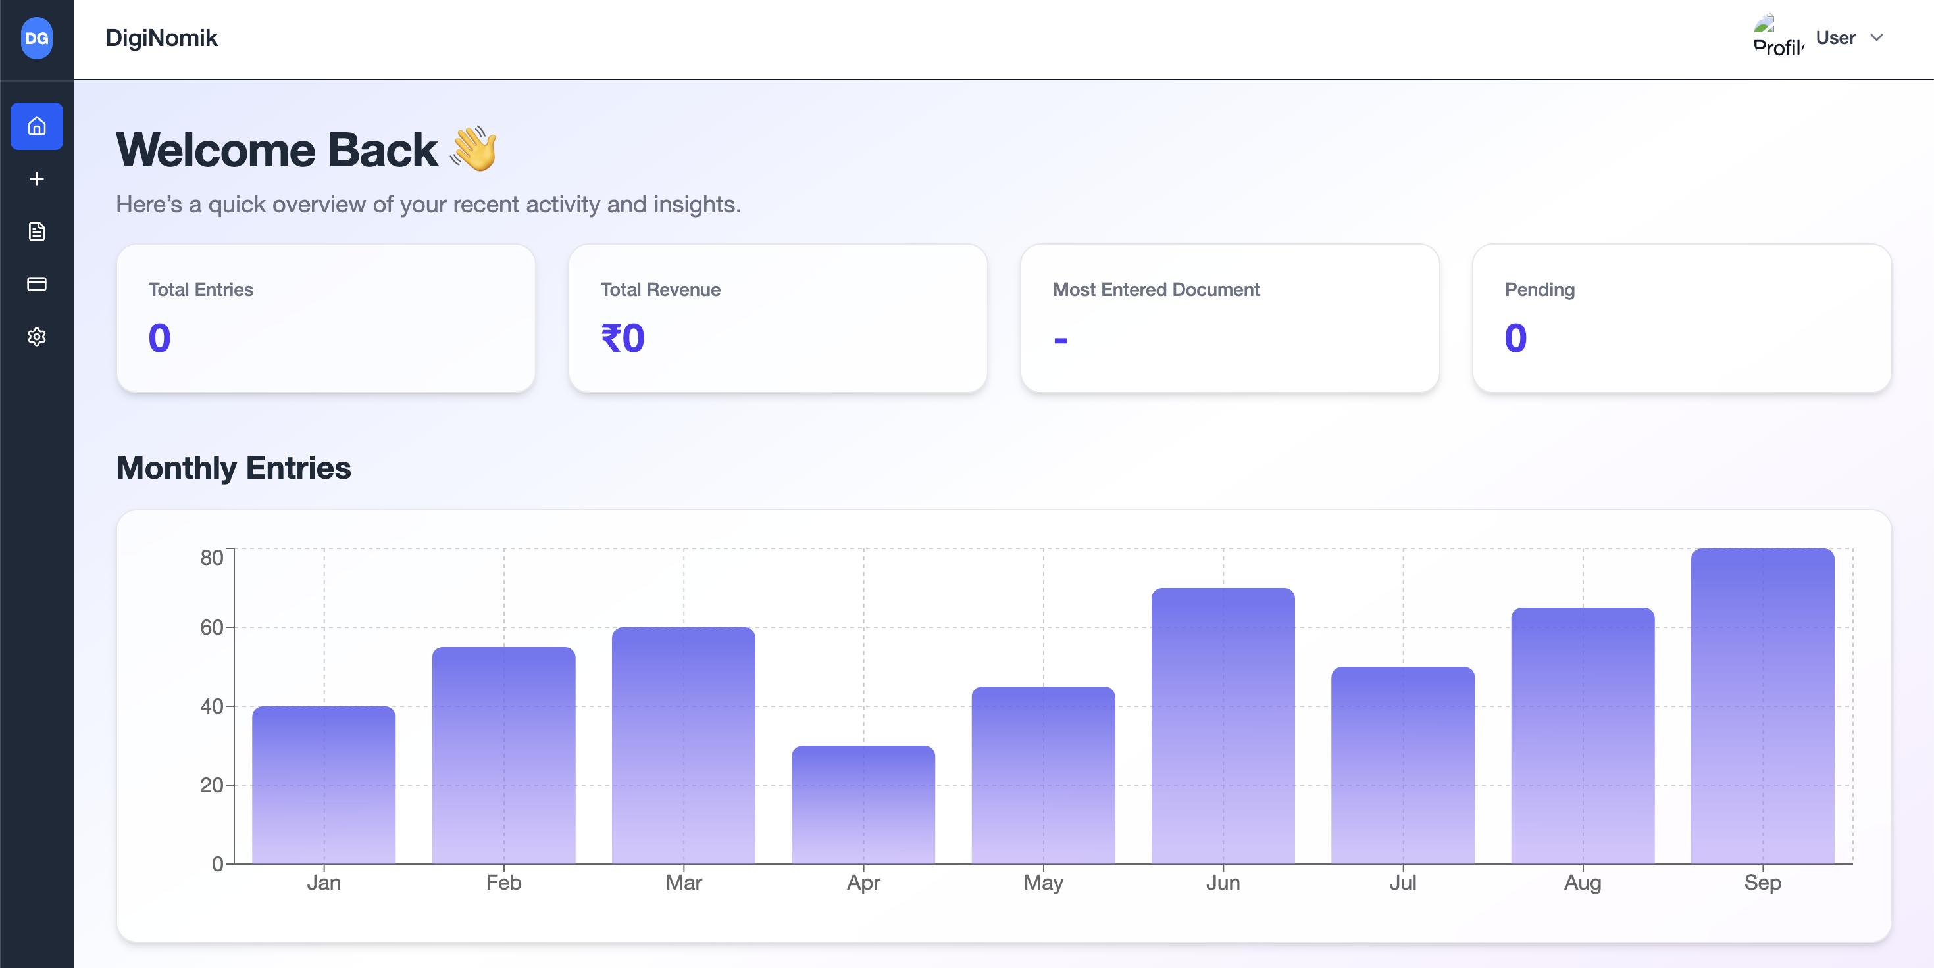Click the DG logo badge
(36, 38)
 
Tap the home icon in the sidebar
(36, 126)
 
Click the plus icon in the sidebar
(36, 179)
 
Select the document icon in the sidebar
(36, 231)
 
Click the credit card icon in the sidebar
(36, 283)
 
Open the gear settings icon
(36, 336)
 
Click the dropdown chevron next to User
(1876, 37)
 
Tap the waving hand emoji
(474, 149)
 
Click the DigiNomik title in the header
(161, 37)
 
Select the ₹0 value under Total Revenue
(623, 337)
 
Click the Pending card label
(1539, 289)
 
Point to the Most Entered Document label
(1156, 289)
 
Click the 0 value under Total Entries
(159, 337)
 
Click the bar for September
(1762, 706)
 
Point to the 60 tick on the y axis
(212, 627)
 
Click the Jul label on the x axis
(1402, 883)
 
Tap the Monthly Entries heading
(234, 468)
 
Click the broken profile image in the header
(1777, 36)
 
